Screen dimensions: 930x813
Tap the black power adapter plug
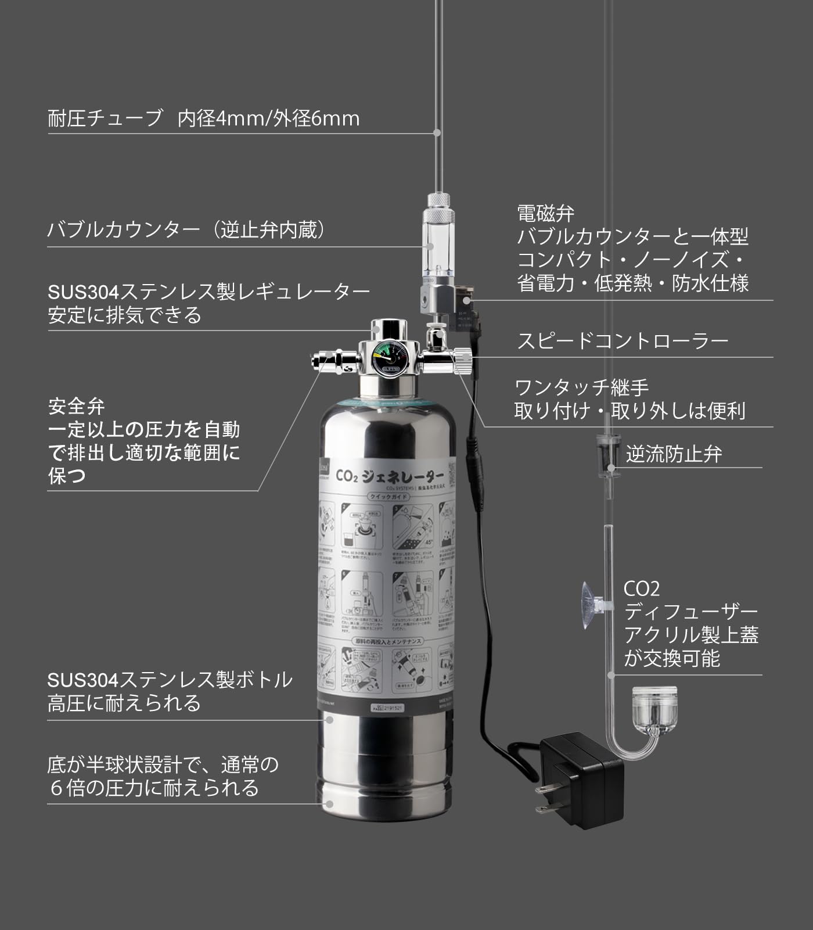coord(581,778)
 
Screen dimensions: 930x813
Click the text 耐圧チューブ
coord(105,119)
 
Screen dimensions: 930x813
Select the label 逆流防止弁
coord(674,454)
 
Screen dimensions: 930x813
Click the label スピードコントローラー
coord(623,340)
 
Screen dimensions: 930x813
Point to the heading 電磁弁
coord(545,213)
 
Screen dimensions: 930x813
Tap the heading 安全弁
coord(76,406)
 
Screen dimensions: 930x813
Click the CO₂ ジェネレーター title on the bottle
coord(389,476)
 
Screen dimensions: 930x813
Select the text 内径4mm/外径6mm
coord(268,119)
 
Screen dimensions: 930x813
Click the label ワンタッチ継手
coord(581,387)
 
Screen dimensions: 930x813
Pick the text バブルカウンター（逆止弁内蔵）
coord(186,230)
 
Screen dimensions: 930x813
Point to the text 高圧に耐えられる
coord(124,703)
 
